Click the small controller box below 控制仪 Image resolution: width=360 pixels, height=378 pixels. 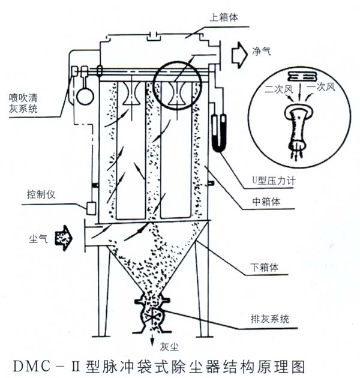(92, 208)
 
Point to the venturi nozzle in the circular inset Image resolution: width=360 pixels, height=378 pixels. (298, 123)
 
